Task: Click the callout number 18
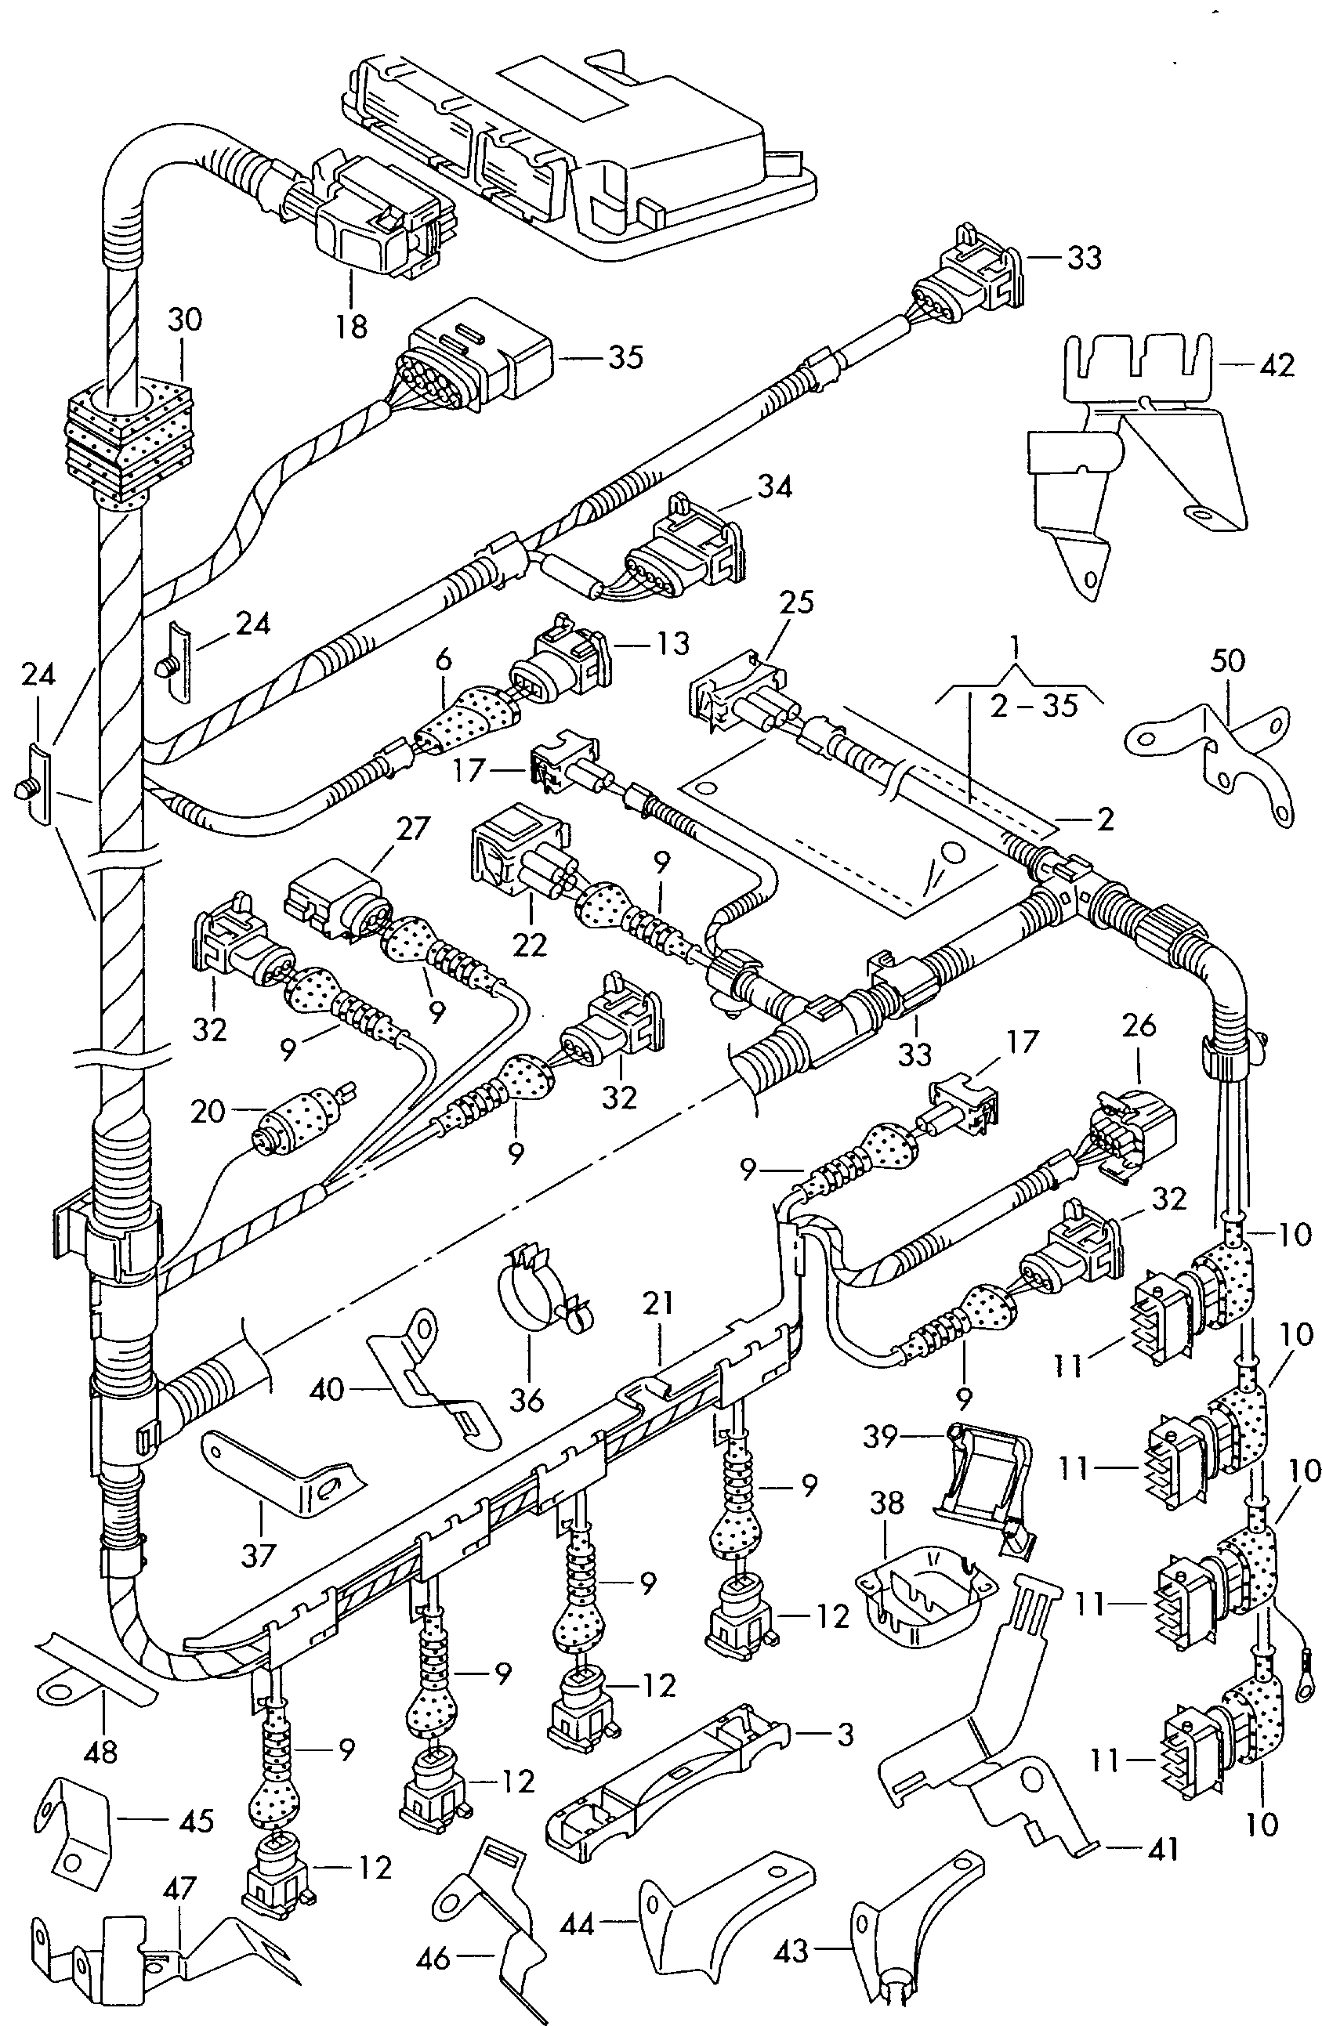[x=352, y=326]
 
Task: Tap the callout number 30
[x=185, y=320]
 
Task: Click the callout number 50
[x=1229, y=660]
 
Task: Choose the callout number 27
[x=413, y=828]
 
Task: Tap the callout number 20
[x=208, y=1111]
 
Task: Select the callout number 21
[x=658, y=1304]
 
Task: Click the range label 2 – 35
[x=1034, y=706]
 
